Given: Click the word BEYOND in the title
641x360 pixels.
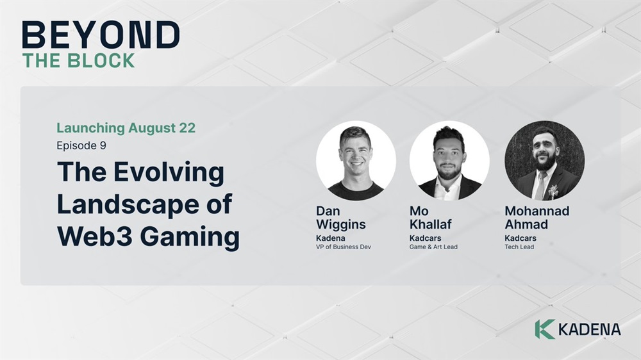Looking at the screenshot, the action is [101, 35].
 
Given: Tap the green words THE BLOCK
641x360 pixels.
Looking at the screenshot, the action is [78, 60].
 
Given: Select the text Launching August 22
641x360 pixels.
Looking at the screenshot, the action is [126, 128].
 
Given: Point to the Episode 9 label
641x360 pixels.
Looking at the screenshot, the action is [81, 145].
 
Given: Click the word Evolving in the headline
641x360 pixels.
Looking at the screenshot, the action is [169, 173].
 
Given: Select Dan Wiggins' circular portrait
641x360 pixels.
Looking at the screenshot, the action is [356, 160].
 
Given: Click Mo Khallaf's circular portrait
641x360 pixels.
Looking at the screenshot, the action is [449, 160].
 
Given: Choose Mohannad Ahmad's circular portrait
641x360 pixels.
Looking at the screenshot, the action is [544, 160].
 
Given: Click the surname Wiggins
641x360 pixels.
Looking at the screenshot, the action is [340, 225].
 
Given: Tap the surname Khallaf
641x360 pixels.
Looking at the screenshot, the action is [431, 224].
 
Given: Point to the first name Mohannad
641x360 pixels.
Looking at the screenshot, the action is [537, 211].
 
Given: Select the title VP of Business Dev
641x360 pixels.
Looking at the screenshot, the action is [344, 247].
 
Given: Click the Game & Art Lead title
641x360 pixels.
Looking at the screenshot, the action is [433, 247].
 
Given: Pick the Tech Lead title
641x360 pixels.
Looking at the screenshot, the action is [519, 247].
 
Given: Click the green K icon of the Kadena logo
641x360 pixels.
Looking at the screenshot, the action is [544, 329].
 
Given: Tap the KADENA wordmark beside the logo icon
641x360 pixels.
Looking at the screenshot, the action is [590, 330].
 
